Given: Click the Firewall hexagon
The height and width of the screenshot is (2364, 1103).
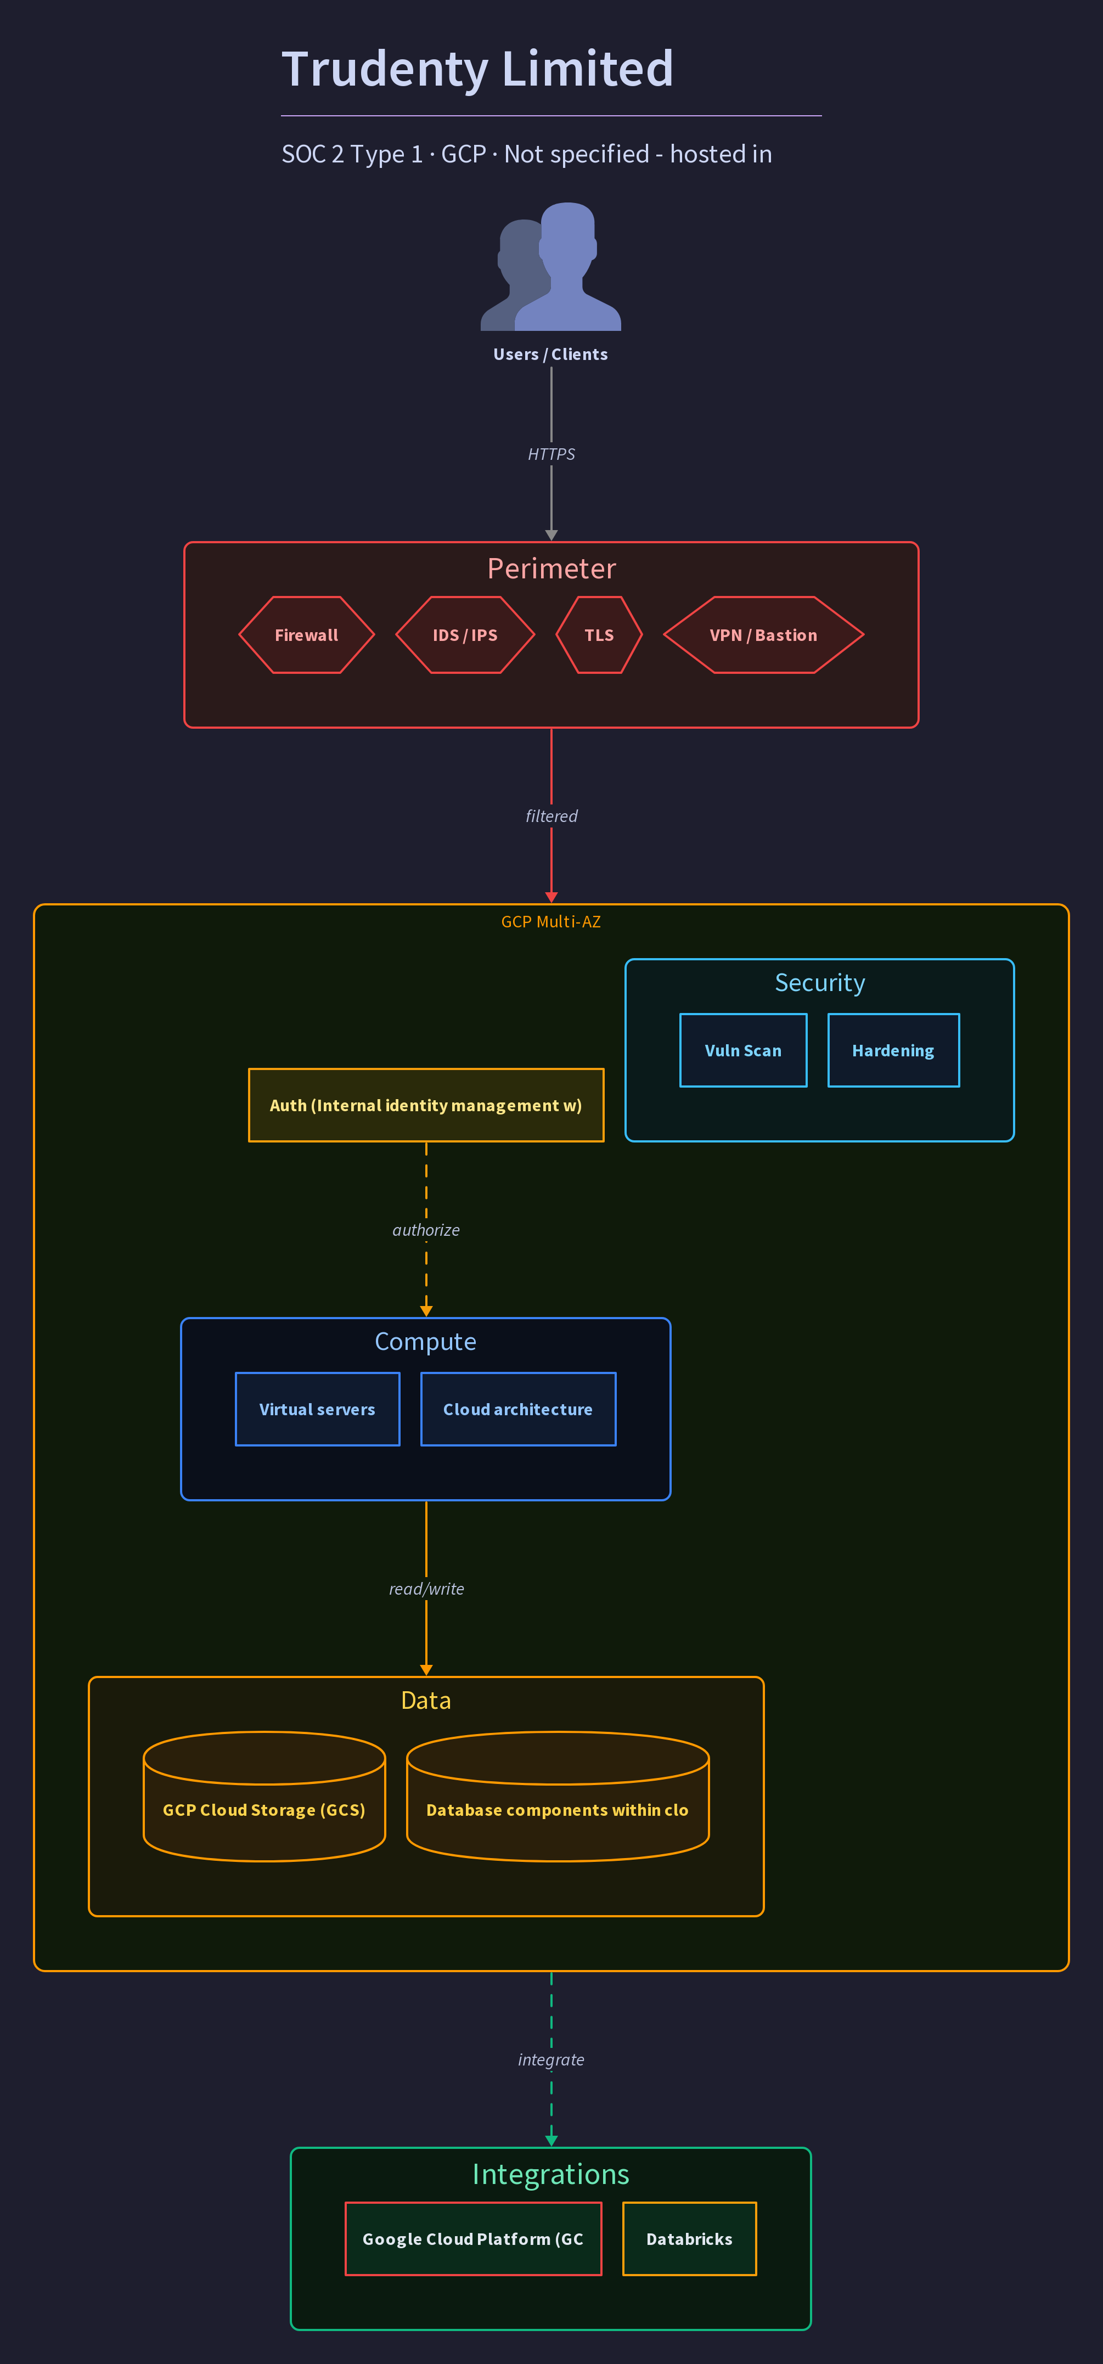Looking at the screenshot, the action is [307, 635].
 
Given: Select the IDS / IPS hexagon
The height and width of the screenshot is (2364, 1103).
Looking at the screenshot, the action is [465, 635].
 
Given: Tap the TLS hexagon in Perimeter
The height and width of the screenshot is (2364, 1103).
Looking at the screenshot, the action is [599, 635].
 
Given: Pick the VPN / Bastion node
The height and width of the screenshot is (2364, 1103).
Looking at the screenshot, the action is [763, 635].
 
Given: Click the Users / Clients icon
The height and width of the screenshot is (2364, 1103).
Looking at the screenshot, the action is [550, 266].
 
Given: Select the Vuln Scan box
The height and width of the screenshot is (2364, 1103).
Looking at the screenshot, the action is [743, 1051].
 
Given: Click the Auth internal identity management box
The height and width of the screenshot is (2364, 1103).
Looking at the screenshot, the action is [426, 1105].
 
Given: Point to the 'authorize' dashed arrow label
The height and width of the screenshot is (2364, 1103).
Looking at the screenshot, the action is [426, 1230].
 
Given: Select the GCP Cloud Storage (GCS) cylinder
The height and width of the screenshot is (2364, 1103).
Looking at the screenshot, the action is [265, 1796].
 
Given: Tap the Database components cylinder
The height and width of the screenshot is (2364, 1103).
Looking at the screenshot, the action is [558, 1796].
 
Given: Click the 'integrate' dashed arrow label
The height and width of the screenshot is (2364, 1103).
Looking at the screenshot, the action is [550, 2059].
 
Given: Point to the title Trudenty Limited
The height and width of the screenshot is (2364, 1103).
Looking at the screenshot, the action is [477, 69].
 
